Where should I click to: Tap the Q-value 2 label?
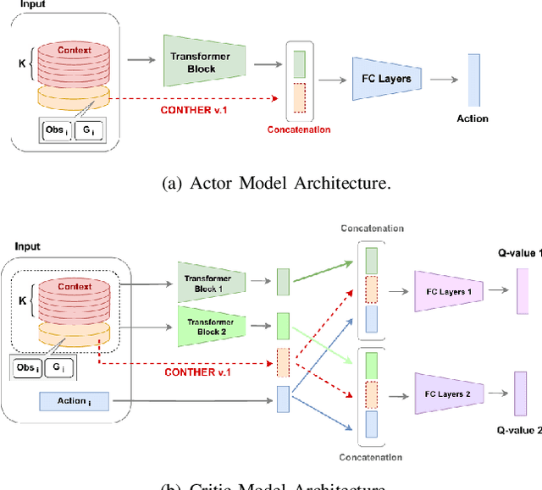518,430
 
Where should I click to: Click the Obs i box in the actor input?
56,132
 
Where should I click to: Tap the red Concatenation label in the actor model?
298,129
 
